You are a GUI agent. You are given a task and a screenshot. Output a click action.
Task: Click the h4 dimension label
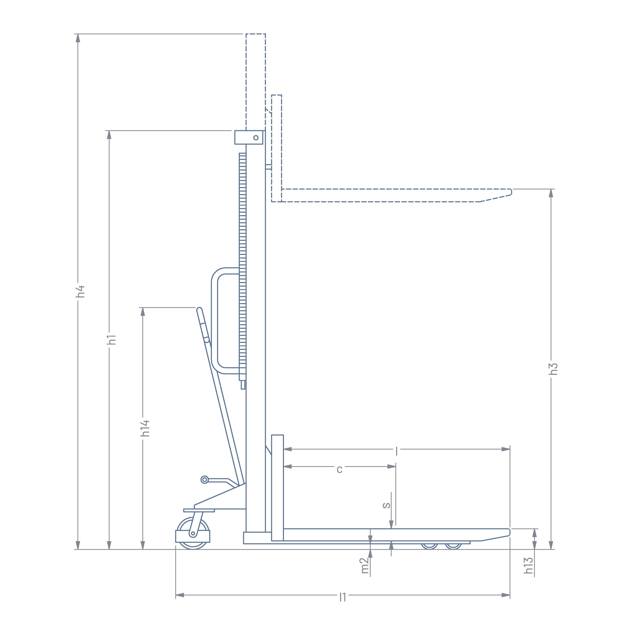pyautogui.click(x=81, y=292)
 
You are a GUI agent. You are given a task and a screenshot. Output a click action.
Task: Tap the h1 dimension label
pyautogui.click(x=112, y=340)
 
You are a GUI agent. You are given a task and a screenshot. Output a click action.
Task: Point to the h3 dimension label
pyautogui.click(x=554, y=369)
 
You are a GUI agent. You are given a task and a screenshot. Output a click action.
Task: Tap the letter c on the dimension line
pyautogui.click(x=340, y=469)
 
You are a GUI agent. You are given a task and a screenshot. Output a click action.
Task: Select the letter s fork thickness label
pyautogui.click(x=386, y=505)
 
